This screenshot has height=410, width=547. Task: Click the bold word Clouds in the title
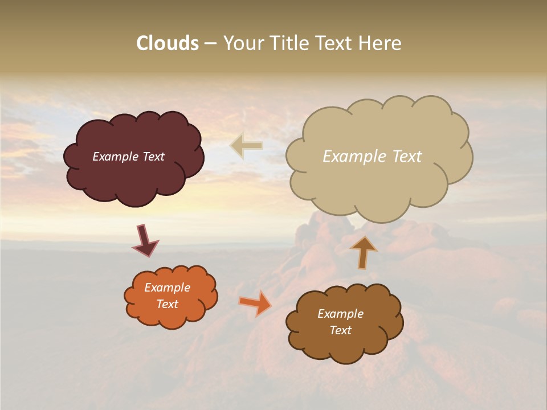point(168,43)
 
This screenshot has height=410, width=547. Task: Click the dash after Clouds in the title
point(210,44)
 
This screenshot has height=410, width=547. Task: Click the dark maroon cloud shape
point(133,177)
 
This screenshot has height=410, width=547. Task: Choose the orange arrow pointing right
point(255,302)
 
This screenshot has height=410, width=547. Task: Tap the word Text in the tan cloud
point(407,157)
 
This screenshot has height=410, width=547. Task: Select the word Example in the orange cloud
point(167,288)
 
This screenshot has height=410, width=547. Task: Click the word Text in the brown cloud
point(340,330)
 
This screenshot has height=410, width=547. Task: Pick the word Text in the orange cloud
point(167,304)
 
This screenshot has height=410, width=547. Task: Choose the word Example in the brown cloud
point(340,314)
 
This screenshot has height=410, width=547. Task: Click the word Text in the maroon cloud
point(153,157)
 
